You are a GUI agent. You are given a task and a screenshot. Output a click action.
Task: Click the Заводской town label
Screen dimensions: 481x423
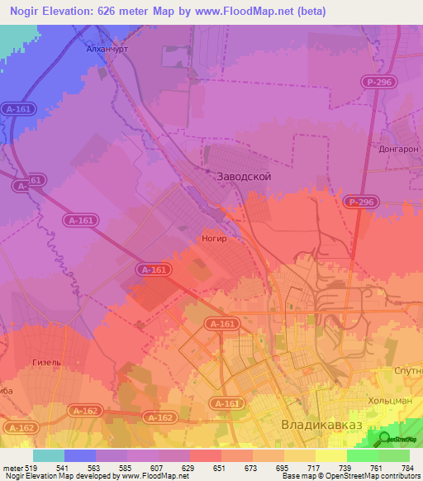click(x=243, y=177)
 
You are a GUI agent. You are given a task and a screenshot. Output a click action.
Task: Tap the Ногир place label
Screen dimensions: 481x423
click(x=214, y=238)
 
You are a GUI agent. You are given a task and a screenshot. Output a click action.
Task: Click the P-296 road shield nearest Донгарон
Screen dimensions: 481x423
click(x=377, y=81)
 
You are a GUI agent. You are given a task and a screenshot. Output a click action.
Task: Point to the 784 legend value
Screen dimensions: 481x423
click(x=408, y=468)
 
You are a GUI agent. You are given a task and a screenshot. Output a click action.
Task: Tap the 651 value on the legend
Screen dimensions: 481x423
click(x=220, y=468)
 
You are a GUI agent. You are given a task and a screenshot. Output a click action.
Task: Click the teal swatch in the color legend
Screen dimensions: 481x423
click(x=49, y=455)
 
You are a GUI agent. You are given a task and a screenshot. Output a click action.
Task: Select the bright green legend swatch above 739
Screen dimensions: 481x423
click(x=362, y=455)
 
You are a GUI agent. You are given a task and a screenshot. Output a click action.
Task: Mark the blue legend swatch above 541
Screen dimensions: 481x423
click(x=80, y=455)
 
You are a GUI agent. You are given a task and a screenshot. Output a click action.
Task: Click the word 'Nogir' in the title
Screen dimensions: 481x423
click(x=28, y=12)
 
